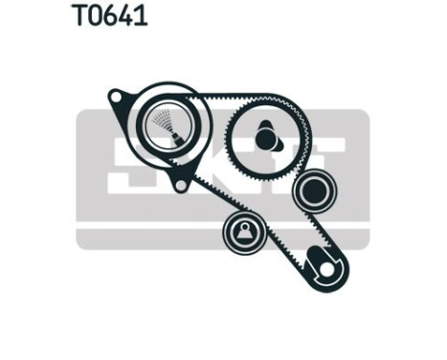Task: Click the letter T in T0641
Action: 78,16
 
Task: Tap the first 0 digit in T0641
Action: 94,16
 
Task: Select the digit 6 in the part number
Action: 111,16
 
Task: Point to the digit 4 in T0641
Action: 127,16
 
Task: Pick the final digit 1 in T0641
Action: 142,16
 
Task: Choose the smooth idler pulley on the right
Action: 312,191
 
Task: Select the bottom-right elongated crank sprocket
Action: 321,267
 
